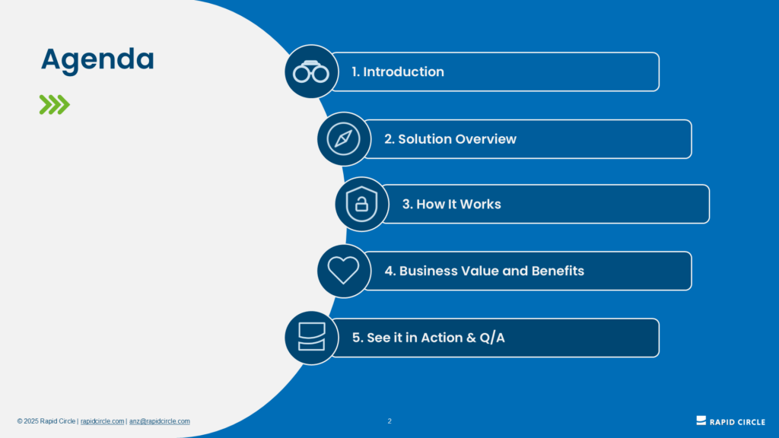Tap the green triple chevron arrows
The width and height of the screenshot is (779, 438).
tap(55, 105)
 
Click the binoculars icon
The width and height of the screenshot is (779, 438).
tap(311, 72)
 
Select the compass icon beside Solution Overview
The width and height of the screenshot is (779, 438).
tap(343, 139)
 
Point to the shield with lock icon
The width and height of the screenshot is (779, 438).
tap(361, 204)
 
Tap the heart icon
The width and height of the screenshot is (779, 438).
tap(343, 270)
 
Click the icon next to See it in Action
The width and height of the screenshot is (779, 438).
tap(311, 337)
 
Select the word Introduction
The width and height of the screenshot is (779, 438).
tap(403, 71)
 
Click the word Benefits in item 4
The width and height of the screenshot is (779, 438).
tap(558, 271)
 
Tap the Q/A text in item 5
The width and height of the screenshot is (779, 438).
tap(492, 338)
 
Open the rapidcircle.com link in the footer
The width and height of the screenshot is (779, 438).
tap(103, 421)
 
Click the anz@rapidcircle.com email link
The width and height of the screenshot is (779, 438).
tap(160, 421)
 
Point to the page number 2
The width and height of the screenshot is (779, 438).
tap(389, 421)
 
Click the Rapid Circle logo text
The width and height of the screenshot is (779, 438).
tap(737, 422)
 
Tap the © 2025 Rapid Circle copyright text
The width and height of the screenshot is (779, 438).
tap(46, 421)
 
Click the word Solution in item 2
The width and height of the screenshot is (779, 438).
tap(424, 139)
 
